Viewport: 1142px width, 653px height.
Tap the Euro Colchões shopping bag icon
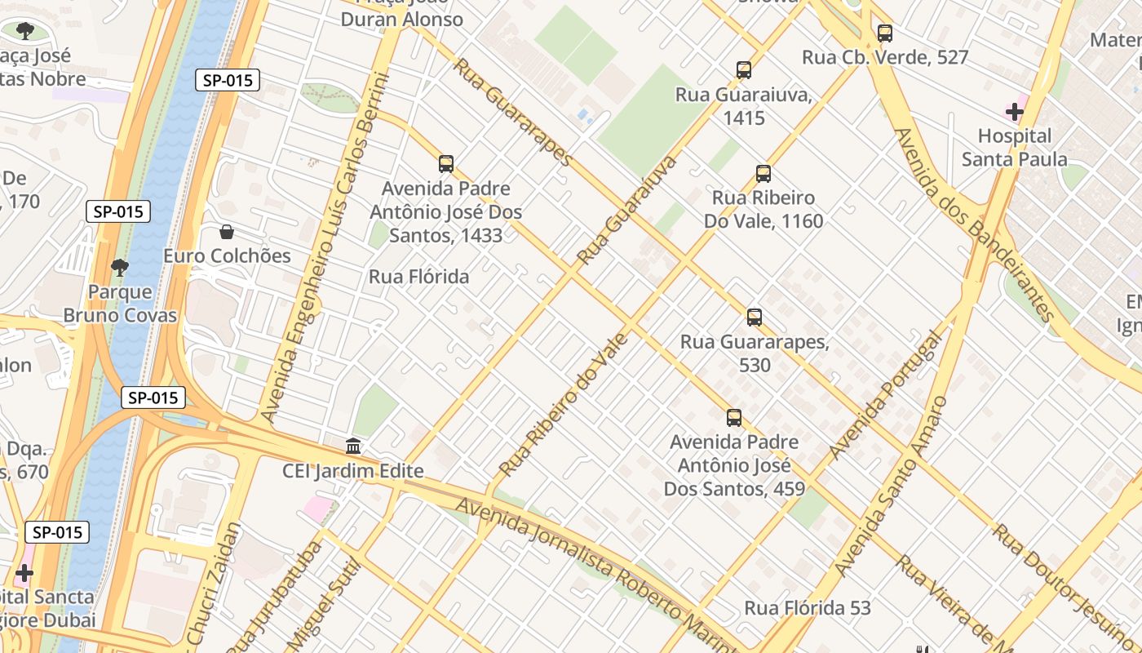tap(227, 232)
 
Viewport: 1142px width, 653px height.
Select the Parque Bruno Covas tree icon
tap(120, 267)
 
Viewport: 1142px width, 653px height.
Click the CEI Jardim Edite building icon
tap(353, 446)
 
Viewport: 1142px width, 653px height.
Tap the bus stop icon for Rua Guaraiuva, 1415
tap(743, 70)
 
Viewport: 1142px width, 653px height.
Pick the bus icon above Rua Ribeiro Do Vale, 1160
tap(763, 173)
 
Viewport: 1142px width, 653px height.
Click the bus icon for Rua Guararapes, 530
tap(754, 317)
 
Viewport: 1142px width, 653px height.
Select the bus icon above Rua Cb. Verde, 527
tap(885, 33)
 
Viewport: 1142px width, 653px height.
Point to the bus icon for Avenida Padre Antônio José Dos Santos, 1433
tap(445, 163)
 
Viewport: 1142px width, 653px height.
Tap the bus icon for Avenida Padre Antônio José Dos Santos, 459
tap(733, 418)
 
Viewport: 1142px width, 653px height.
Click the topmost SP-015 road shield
tap(228, 80)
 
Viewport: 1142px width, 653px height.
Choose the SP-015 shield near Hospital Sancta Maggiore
tap(57, 532)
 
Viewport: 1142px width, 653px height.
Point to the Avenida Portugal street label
tap(886, 397)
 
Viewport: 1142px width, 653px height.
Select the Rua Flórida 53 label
tap(807, 608)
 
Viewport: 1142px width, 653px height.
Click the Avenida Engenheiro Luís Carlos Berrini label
tap(324, 245)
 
